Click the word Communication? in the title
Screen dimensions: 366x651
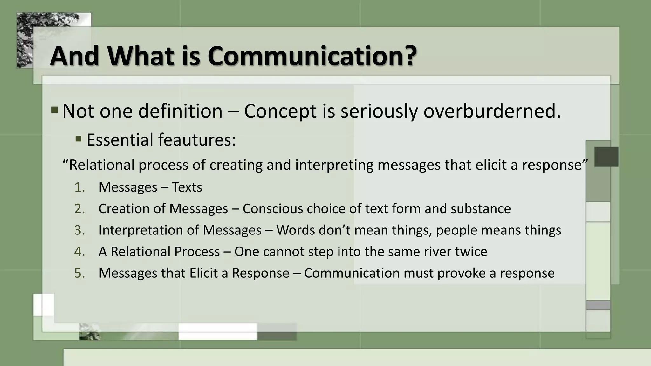[x=312, y=56]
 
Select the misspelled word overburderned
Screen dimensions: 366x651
[x=492, y=111]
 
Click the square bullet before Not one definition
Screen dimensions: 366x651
[x=55, y=110]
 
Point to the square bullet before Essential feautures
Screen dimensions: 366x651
[x=79, y=139]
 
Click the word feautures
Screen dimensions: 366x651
[x=197, y=140]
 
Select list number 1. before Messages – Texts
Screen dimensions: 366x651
[x=79, y=187]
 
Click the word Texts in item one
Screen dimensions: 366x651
[x=187, y=187]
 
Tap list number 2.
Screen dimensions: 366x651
[x=79, y=209]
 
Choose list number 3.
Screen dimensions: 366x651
[x=79, y=230]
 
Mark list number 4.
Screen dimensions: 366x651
[x=79, y=252]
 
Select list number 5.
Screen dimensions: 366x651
[x=79, y=273]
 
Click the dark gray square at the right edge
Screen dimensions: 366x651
[x=606, y=157]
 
